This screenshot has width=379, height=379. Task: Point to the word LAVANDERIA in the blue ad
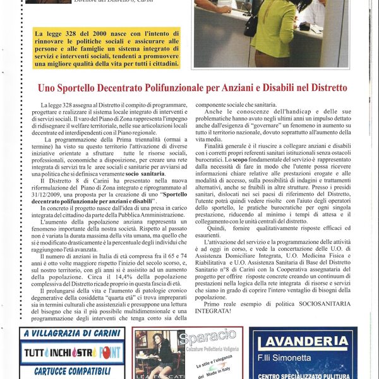(303, 342)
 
